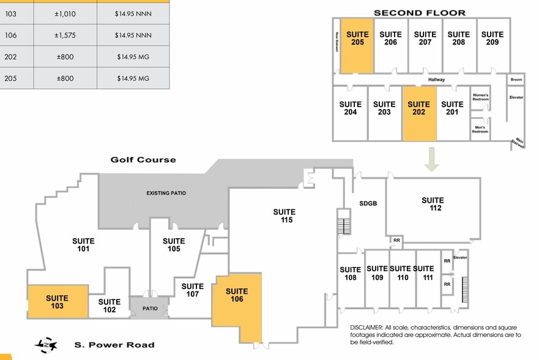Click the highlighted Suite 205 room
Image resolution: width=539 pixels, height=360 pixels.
click(x=357, y=46)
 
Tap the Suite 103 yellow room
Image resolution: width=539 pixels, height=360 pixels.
click(x=57, y=301)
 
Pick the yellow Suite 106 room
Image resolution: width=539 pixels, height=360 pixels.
click(x=237, y=306)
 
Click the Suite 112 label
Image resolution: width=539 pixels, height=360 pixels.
click(x=433, y=204)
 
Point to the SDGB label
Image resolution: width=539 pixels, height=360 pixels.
click(x=368, y=204)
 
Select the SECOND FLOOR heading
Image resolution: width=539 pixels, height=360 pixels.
click(x=419, y=12)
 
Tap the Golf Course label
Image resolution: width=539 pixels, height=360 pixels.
click(x=143, y=160)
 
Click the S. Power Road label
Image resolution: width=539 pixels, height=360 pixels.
click(x=114, y=345)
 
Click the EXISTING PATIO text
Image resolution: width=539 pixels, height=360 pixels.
click(x=166, y=193)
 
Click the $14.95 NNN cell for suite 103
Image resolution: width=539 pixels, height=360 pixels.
click(x=133, y=13)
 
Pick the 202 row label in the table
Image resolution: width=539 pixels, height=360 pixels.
click(x=10, y=58)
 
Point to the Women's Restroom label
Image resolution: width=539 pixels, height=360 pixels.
click(x=480, y=97)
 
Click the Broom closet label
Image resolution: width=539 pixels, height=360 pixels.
click(x=516, y=80)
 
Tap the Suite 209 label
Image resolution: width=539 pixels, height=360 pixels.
click(x=493, y=38)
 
